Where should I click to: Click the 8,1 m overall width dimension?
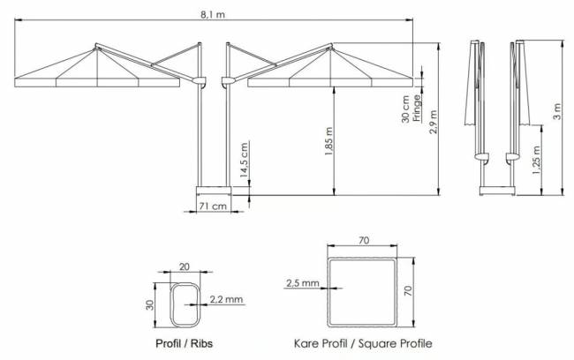[213, 15]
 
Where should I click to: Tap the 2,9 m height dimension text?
[433, 122]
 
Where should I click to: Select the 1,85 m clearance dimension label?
[329, 141]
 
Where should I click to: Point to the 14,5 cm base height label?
[244, 160]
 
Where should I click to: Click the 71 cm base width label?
[213, 206]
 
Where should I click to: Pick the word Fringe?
[417, 109]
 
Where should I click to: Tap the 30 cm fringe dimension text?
[405, 109]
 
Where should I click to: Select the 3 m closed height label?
[557, 111]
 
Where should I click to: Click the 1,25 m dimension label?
[536, 161]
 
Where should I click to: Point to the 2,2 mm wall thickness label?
[226, 299]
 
